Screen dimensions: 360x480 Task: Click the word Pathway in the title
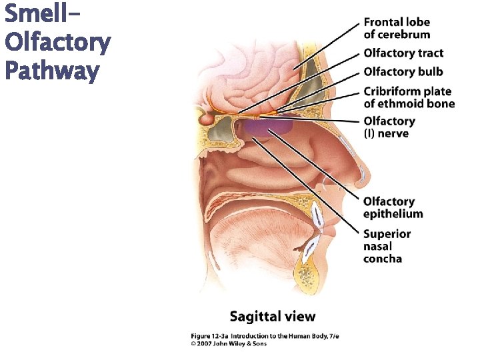(51, 71)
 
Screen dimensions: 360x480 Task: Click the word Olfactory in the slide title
(57, 43)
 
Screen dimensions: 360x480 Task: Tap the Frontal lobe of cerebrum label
(397, 29)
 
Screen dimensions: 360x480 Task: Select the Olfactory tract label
(403, 53)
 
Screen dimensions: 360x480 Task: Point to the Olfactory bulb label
(403, 72)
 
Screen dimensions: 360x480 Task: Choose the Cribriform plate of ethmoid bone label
(409, 97)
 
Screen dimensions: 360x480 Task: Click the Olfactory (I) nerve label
(389, 127)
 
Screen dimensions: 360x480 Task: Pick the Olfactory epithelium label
(393, 207)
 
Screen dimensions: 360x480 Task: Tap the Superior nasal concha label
(387, 246)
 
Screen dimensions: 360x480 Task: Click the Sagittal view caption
(272, 316)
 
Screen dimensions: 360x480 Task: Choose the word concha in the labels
(383, 259)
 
